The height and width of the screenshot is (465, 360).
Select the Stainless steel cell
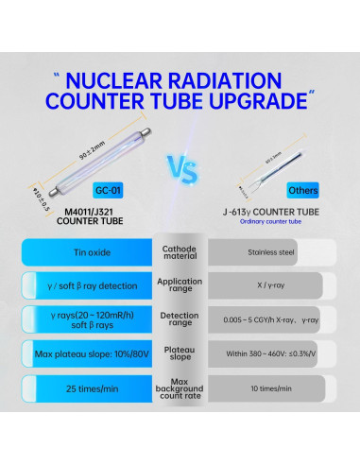point(269,252)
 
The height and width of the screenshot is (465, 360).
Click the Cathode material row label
point(179,251)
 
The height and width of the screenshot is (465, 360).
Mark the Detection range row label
point(179,319)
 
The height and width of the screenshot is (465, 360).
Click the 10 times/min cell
point(269,388)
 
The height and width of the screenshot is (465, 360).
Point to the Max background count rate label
point(179,388)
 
